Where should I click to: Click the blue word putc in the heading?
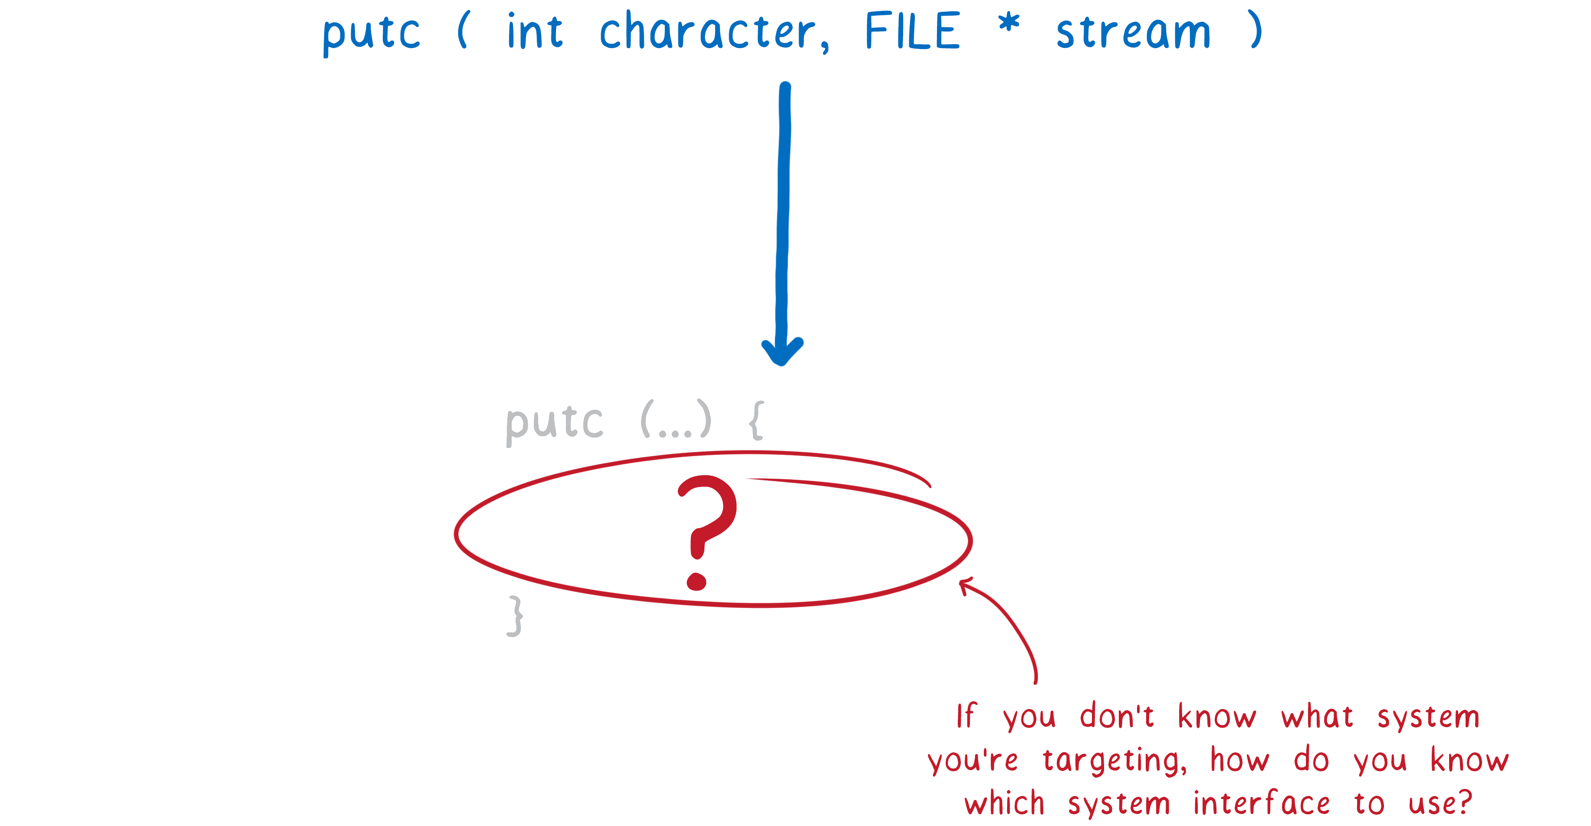pos(371,34)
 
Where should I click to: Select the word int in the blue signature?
pos(535,30)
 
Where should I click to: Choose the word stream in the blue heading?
pos(1133,32)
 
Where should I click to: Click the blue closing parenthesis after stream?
pos(1255,29)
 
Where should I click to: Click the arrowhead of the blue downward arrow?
pos(782,352)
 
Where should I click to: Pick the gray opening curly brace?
pos(756,420)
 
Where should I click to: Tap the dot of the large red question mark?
pos(697,581)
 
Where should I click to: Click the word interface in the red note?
pos(1261,803)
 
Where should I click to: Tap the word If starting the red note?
pos(966,716)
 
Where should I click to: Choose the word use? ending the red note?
pos(1440,803)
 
